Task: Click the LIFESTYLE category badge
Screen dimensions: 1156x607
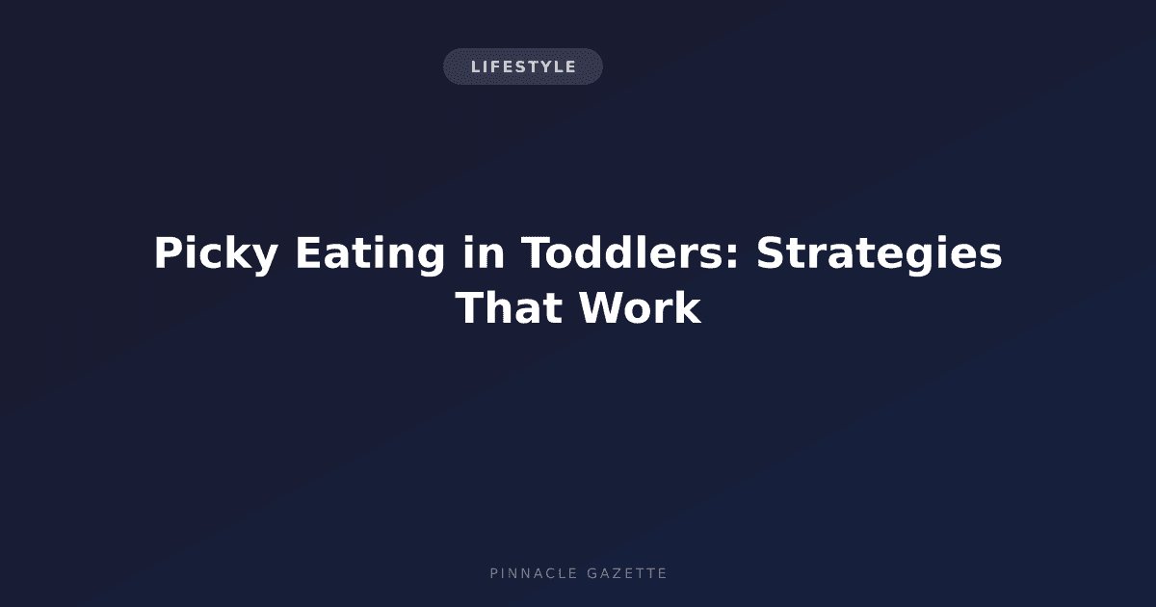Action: [x=523, y=66]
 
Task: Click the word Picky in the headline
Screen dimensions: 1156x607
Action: [x=216, y=254]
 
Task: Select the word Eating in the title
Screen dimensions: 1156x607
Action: [x=370, y=254]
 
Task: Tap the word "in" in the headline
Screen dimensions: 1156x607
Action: [x=483, y=252]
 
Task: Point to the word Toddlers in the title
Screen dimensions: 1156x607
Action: [x=623, y=252]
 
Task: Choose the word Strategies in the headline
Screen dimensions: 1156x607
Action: [x=879, y=254]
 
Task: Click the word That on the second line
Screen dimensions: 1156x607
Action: [x=509, y=307]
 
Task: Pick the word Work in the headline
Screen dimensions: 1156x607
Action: [x=640, y=307]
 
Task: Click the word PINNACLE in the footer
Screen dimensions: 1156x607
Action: [x=534, y=573]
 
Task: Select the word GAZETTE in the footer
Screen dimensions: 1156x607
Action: [x=627, y=573]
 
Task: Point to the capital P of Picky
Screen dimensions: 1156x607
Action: [x=169, y=252]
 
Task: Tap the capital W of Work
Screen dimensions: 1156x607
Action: [x=602, y=307]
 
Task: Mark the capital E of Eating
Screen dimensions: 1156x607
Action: [x=310, y=252]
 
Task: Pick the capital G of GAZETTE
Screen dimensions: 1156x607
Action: [x=592, y=573]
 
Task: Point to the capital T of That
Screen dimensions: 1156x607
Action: [x=469, y=307]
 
